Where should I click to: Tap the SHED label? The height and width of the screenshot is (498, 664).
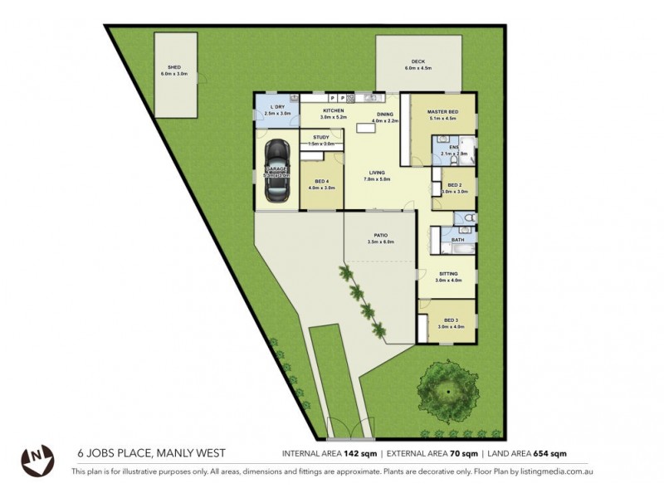pos(174,67)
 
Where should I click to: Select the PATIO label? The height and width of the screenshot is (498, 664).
pos(380,236)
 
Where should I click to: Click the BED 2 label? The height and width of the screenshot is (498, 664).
pos(454,185)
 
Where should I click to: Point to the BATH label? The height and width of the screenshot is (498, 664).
pos(457,240)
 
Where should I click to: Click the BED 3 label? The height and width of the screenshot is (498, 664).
pos(451,320)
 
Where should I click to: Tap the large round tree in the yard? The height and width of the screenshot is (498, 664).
pos(448,388)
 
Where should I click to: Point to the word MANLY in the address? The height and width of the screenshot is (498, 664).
pos(168,453)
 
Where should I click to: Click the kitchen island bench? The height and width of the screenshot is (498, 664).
pos(364,129)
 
